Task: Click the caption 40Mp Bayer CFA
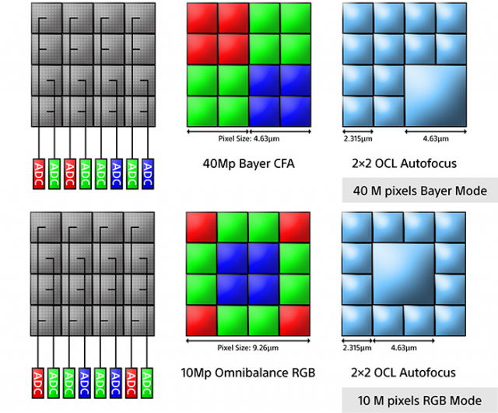[x=249, y=163]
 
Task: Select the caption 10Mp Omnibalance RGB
[x=248, y=373]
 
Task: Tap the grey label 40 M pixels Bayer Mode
[x=420, y=191]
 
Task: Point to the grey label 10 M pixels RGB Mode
[x=420, y=401]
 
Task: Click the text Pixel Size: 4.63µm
[x=249, y=138]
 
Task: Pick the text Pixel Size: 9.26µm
[x=248, y=348]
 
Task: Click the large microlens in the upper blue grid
[x=436, y=96]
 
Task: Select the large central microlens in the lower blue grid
[x=403, y=275]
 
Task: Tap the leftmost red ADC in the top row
[x=39, y=174]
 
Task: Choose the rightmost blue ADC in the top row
[x=148, y=174]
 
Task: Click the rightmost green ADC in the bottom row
[x=147, y=383]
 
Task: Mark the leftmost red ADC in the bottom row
[x=38, y=383]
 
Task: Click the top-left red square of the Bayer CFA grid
[x=202, y=18]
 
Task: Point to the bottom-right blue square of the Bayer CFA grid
[x=296, y=111]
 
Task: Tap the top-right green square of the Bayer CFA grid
[x=296, y=18]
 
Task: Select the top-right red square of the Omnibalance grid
[x=295, y=227]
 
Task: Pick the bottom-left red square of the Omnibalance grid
[x=202, y=320]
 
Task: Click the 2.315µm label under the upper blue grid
[x=358, y=138]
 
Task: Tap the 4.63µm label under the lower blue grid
[x=403, y=348]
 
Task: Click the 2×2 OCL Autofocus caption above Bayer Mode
[x=404, y=163]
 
